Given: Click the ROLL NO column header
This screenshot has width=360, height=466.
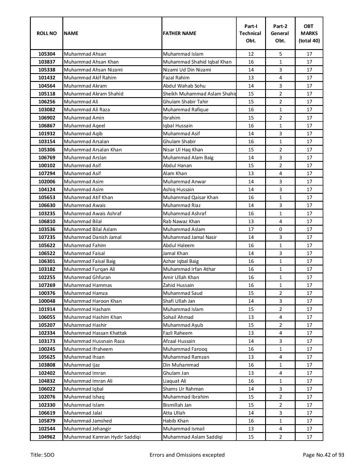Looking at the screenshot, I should (x=47, y=33).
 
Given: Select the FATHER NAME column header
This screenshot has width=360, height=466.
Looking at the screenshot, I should (x=180, y=33).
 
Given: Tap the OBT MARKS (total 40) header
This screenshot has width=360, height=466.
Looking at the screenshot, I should (x=309, y=33).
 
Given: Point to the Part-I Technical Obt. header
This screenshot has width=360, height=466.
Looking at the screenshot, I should (x=250, y=33).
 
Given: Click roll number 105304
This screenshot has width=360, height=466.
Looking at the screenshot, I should (x=47, y=54).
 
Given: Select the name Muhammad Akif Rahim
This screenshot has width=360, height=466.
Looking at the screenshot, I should (x=90, y=78).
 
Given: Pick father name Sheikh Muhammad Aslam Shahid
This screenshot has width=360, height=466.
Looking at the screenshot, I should (x=199, y=94).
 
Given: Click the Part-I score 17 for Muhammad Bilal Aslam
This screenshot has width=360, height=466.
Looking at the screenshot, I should (x=251, y=229).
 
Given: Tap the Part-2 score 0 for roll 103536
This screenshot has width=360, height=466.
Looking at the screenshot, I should (x=280, y=229).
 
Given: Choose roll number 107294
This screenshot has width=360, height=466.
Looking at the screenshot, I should (x=47, y=173).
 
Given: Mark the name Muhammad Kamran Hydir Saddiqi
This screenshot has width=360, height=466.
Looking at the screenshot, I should (x=102, y=437).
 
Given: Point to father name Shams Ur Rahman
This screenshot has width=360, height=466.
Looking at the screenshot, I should (x=183, y=389).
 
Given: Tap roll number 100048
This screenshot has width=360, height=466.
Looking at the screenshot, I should (x=47, y=301).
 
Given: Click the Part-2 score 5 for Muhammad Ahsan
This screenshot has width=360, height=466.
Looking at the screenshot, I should (x=280, y=54).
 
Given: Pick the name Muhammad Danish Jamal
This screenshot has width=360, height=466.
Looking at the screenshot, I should (x=93, y=237).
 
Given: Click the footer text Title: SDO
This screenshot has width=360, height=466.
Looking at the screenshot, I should (x=42, y=455).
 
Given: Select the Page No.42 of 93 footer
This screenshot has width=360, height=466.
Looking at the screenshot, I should (x=323, y=455).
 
